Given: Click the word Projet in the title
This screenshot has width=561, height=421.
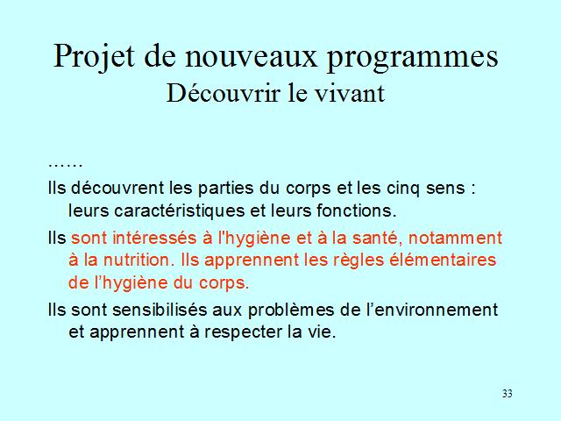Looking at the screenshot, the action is tap(94, 57).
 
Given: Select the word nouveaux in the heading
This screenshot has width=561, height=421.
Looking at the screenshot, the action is tap(252, 56).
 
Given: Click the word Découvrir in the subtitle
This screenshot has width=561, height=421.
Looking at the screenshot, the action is tap(223, 93).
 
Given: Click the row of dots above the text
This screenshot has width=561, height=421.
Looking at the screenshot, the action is tap(66, 165).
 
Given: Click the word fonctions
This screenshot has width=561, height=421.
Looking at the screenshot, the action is tap(357, 210).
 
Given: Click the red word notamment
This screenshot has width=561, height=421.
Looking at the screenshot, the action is tap(456, 239).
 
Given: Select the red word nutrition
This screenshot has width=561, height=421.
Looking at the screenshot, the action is tap(137, 260).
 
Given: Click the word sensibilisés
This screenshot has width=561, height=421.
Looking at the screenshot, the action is tap(160, 310).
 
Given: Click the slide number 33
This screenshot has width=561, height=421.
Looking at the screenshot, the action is tap(507, 394).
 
